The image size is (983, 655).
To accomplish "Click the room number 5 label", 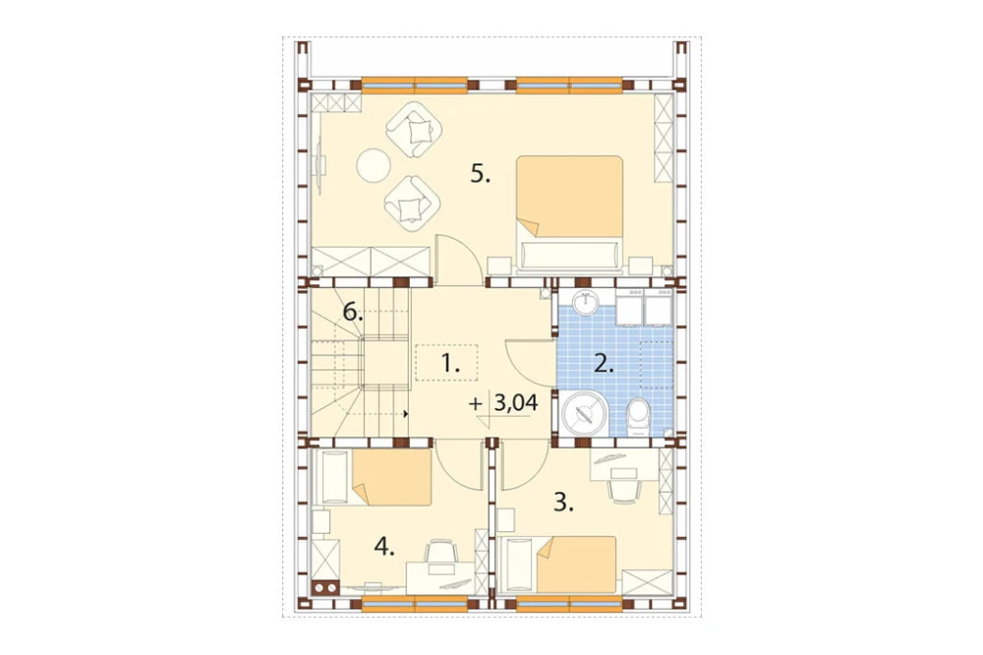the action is click(481, 174).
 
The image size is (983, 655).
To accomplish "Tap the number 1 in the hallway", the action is click(449, 363).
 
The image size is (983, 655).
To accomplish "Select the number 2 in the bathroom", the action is click(604, 364).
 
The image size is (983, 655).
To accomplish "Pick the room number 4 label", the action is click(383, 548).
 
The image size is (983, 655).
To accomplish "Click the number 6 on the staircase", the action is click(353, 311).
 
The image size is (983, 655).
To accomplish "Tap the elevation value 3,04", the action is click(516, 403).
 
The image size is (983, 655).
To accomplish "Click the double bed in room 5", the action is click(569, 214).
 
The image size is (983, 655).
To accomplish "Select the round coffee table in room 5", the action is click(374, 165).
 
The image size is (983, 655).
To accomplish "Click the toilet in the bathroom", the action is click(639, 417).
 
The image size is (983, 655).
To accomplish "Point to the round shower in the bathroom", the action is click(585, 413).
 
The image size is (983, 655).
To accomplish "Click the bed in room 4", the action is click(376, 477).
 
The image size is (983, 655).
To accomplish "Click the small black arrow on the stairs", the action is click(406, 414).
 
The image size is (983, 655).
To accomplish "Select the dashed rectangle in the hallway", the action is click(446, 363).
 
